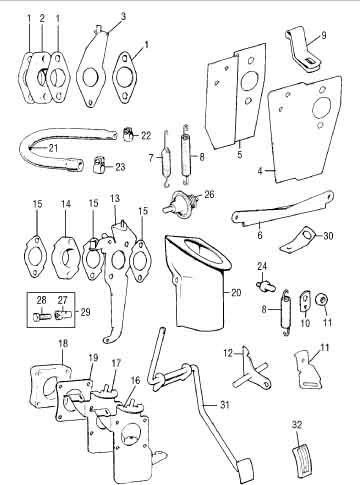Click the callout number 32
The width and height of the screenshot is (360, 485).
[297, 425]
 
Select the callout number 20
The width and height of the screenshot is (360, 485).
[236, 292]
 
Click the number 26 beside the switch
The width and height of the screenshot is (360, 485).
[209, 194]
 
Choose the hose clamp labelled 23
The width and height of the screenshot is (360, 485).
[99, 163]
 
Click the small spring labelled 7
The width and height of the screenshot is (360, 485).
[166, 158]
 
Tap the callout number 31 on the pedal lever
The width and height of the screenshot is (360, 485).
[225, 404]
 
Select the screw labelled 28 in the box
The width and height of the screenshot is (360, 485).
[42, 316]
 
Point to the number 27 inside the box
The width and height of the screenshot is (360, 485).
[62, 300]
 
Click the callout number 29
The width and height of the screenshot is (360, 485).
[86, 312]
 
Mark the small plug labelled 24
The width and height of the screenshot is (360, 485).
[265, 285]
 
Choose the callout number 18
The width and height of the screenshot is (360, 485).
[63, 344]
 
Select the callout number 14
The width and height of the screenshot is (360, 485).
[66, 204]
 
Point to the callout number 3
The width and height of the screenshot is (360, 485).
[124, 16]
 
